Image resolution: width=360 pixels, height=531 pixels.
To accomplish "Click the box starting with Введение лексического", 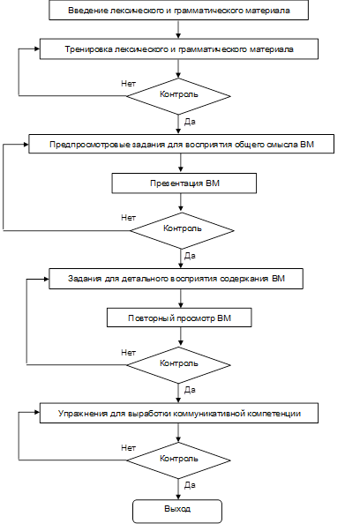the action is (x=178, y=11).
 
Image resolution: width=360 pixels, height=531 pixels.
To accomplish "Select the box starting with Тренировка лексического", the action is (x=179, y=49).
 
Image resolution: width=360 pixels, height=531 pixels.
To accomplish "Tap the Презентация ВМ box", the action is (x=184, y=183).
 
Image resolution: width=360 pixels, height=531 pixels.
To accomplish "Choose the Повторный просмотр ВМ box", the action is (x=179, y=318).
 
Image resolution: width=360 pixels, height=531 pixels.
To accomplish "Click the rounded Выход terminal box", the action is (x=177, y=512).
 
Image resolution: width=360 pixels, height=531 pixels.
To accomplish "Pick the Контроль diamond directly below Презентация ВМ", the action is (x=182, y=230).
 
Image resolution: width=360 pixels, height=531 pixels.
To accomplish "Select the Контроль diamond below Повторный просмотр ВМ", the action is (x=178, y=365).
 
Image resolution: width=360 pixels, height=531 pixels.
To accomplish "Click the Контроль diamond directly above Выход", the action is (x=178, y=460).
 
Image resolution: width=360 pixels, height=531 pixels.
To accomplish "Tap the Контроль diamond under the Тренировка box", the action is (x=178, y=96).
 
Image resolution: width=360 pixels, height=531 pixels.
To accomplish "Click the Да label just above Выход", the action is (x=190, y=485).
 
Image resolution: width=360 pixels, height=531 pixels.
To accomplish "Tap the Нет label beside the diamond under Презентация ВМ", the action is (x=128, y=217).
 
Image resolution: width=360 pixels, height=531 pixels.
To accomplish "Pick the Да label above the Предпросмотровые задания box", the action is (x=190, y=121).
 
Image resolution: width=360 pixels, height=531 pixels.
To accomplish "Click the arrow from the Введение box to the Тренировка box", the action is (x=178, y=29).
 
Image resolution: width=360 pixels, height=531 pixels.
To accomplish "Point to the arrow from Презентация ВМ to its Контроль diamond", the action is (x=181, y=203).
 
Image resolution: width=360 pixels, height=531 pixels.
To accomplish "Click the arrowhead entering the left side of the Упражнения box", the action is (x=37, y=413).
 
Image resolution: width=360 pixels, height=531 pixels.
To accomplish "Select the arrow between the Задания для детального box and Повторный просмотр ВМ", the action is (x=181, y=298).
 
